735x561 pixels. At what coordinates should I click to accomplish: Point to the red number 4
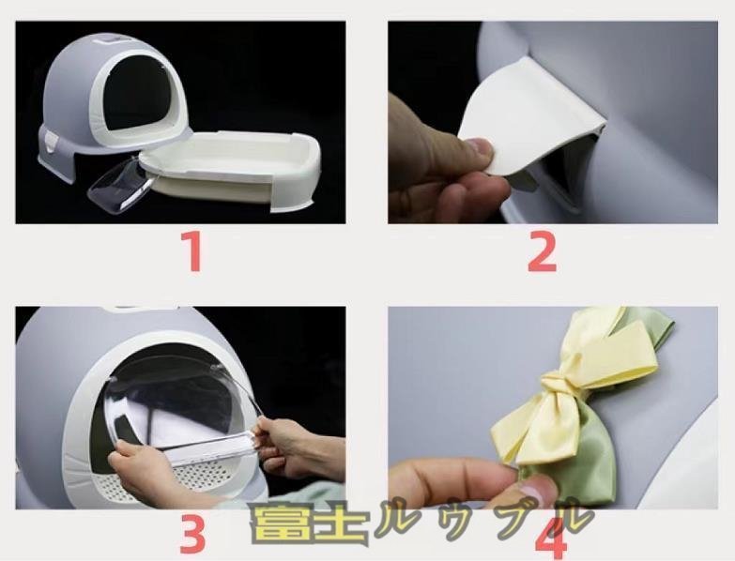point(553,534)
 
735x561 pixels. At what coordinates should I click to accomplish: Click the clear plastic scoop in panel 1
point(121,185)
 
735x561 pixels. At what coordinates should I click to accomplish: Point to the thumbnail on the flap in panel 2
point(481,148)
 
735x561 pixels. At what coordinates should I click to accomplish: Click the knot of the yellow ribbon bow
point(558,384)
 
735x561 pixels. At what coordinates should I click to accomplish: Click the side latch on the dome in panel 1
point(51,141)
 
